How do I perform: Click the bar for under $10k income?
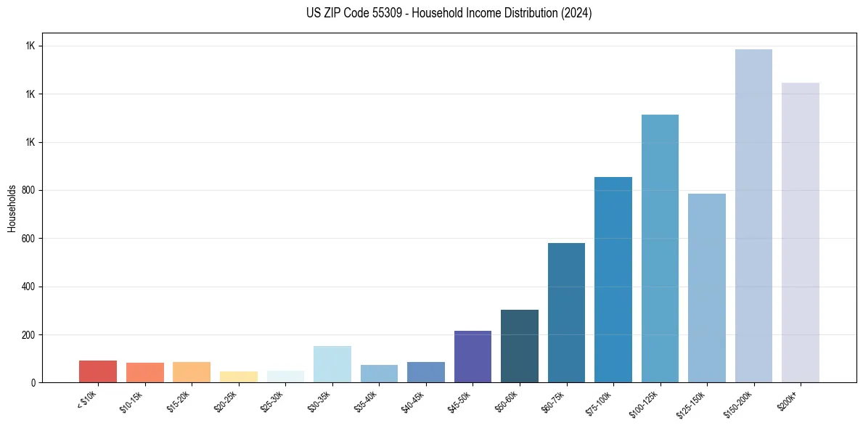click(98, 371)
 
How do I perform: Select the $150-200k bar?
click(753, 216)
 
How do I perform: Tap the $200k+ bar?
click(801, 233)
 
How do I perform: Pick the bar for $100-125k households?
click(660, 249)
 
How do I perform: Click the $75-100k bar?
click(613, 280)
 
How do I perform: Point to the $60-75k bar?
click(566, 313)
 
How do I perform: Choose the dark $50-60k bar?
click(520, 346)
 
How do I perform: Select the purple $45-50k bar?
click(473, 356)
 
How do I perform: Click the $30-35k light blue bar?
click(332, 364)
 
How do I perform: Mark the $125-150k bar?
click(707, 288)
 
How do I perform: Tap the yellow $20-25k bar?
click(239, 376)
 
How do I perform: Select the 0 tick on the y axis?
click(34, 382)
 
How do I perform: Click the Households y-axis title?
click(12, 207)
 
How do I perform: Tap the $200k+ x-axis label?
click(788, 400)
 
